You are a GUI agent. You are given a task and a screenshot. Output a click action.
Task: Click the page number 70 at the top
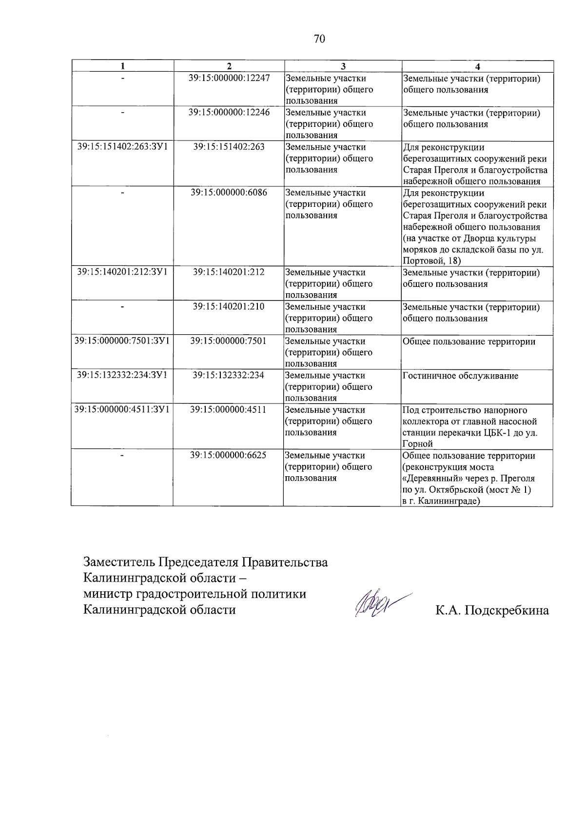[319, 39]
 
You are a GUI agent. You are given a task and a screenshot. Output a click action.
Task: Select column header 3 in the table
[343, 66]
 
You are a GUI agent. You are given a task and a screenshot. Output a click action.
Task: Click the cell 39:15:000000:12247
[229, 78]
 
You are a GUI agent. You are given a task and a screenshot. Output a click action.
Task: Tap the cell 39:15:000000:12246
[229, 112]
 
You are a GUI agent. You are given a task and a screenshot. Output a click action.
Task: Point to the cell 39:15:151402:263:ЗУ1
[122, 146]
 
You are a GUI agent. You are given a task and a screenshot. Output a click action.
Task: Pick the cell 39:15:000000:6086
[229, 192]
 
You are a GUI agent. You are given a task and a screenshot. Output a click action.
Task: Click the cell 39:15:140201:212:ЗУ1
[122, 272]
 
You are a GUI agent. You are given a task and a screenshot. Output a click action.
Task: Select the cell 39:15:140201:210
[228, 306]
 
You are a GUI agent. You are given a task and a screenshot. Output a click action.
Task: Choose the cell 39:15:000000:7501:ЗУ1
[122, 341]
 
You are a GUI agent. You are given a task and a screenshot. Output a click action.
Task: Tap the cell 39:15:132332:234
[228, 375]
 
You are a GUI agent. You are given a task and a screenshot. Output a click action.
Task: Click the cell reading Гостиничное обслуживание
[460, 376]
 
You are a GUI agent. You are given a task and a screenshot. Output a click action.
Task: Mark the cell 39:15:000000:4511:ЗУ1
[122, 409]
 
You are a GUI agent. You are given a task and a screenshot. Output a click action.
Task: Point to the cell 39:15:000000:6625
[228, 455]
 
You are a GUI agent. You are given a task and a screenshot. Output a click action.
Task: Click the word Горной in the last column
[417, 444]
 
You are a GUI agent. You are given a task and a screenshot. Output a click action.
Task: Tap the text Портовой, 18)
[431, 261]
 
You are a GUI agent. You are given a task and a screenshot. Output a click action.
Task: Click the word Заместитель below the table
[119, 562]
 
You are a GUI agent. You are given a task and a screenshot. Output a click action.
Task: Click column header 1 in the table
[123, 66]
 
